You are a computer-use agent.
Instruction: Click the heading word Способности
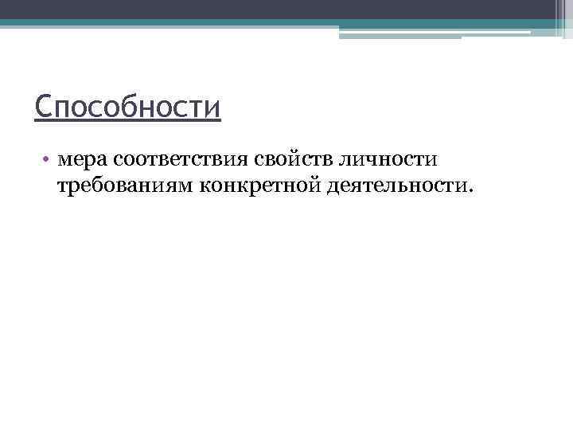point(127,106)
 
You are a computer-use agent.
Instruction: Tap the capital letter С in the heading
point(42,105)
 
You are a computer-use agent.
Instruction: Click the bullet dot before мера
point(48,159)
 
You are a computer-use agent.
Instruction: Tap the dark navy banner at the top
point(286,10)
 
